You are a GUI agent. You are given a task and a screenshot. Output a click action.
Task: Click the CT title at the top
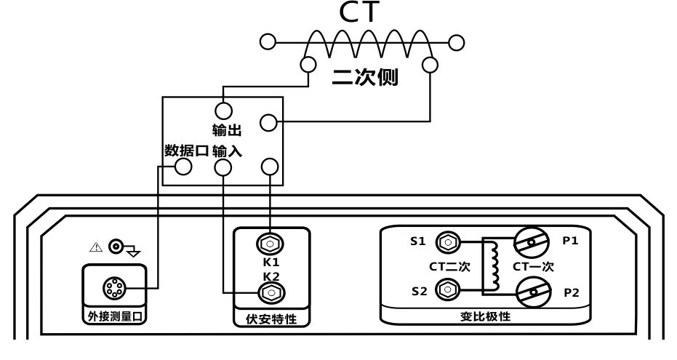[360, 12]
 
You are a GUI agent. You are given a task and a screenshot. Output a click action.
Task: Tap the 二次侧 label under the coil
[365, 77]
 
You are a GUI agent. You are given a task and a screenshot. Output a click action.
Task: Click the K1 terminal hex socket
[270, 244]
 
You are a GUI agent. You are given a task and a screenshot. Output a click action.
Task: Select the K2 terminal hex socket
[271, 293]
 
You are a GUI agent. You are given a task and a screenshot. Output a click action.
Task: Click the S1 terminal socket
[448, 242]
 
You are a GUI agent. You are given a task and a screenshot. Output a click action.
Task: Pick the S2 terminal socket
[448, 289]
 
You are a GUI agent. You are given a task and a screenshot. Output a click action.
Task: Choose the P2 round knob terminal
[534, 292]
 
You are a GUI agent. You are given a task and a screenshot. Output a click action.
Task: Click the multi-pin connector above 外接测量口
[114, 288]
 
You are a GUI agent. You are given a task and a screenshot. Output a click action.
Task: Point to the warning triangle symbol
[96, 247]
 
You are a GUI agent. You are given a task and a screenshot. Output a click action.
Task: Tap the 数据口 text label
[186, 151]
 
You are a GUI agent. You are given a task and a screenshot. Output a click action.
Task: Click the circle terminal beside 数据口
[183, 167]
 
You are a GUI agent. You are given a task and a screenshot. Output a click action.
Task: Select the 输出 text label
[227, 130]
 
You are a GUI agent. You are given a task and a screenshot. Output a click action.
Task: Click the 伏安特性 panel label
[271, 319]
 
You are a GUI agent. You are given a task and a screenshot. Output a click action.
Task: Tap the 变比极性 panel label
[485, 316]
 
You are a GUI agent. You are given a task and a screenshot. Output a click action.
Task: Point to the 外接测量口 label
[114, 316]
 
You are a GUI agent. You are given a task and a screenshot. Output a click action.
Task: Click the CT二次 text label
[449, 266]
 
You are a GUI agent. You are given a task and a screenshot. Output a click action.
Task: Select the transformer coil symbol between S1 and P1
[492, 265]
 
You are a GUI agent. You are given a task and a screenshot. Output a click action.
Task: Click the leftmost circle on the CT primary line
[268, 42]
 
